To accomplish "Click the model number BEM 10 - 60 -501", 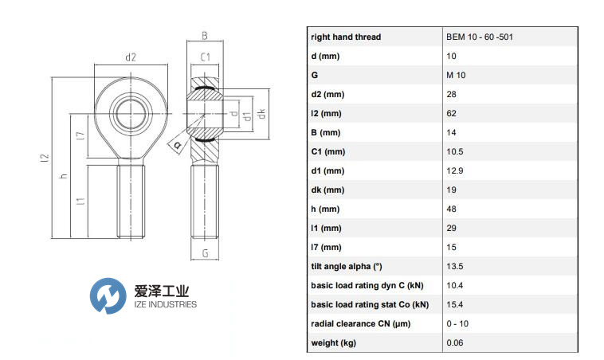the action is click(x=480, y=37).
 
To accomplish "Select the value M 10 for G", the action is click(x=456, y=75).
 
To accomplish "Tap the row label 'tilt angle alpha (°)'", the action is click(x=347, y=267).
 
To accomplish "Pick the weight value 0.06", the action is click(x=454, y=342).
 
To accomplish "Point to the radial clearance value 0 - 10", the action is click(x=457, y=324).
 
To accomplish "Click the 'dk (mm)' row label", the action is click(x=327, y=190).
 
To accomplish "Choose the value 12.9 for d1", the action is click(x=454, y=171).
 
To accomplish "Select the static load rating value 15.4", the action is click(x=454, y=304).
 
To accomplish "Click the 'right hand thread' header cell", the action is click(x=346, y=37).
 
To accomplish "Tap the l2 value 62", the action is click(x=451, y=114).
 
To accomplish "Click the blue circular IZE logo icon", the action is click(x=108, y=295).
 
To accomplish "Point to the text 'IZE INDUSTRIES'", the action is click(x=165, y=304).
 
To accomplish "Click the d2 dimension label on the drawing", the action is click(x=131, y=57).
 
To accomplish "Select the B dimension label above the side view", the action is click(x=205, y=36).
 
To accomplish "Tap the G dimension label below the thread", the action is click(x=205, y=253).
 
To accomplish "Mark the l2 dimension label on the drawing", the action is click(x=45, y=158).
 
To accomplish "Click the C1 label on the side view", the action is click(x=205, y=57).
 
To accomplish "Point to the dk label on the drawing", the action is click(x=261, y=114).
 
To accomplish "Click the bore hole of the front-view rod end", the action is click(x=131, y=114).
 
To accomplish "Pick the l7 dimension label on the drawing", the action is click(x=80, y=135).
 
